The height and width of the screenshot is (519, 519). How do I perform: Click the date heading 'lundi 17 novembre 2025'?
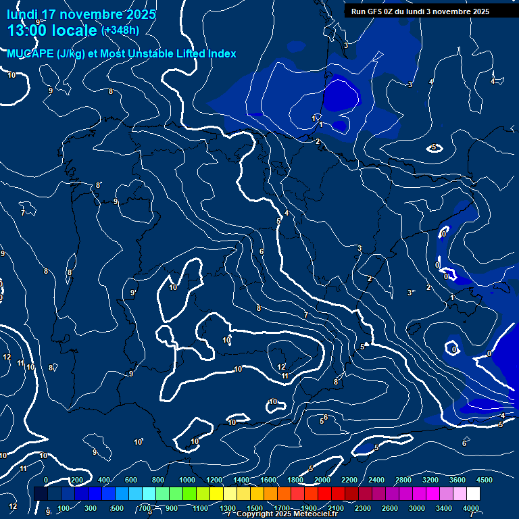pyautogui.click(x=81, y=14)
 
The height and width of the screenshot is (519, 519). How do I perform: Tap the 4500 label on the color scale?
pyautogui.click(x=484, y=480)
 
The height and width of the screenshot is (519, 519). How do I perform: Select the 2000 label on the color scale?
pyautogui.click(x=322, y=480)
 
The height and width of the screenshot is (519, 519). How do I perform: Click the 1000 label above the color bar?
pyautogui.click(x=187, y=480)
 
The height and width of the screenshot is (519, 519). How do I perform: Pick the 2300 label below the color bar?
pyautogui.click(x=363, y=508)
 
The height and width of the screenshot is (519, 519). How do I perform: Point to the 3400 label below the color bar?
pyautogui.click(x=444, y=508)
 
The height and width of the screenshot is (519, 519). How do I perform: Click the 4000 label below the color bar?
pyautogui.click(x=471, y=508)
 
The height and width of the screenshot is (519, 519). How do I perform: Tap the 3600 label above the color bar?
pyautogui.click(x=458, y=480)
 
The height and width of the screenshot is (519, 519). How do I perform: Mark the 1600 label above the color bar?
pyautogui.click(x=268, y=480)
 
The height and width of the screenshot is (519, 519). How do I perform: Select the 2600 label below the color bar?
pyautogui.click(x=390, y=508)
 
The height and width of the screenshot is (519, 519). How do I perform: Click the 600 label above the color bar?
pyautogui.click(x=131, y=480)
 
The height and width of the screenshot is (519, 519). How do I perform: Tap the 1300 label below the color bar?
pyautogui.click(x=228, y=508)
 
